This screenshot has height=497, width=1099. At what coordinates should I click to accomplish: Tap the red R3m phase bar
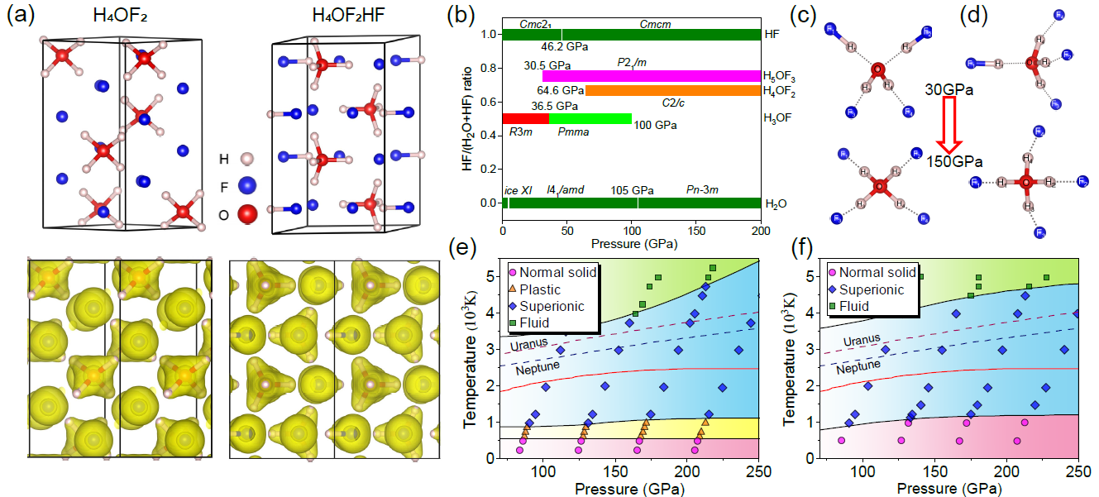click(x=525, y=118)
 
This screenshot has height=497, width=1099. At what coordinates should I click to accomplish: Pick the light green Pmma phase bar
click(x=590, y=118)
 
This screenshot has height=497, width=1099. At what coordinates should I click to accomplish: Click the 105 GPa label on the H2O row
click(x=628, y=190)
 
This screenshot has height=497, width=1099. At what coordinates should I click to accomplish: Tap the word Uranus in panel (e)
click(x=528, y=345)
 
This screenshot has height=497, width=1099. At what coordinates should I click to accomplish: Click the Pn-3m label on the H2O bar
click(x=702, y=190)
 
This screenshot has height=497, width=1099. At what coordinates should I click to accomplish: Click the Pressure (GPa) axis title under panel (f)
click(x=950, y=490)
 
